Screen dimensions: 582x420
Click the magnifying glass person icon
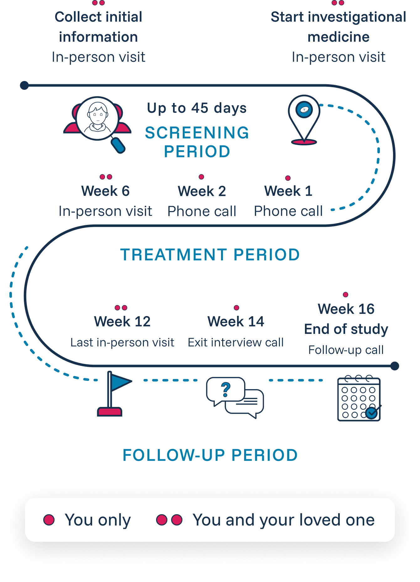click(98, 122)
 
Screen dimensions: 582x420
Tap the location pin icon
click(304, 119)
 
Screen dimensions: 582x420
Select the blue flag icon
click(113, 393)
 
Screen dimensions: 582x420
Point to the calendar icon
click(359, 398)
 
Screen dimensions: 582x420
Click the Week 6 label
click(105, 191)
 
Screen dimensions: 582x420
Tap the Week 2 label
click(202, 191)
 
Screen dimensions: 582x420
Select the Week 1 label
click(288, 191)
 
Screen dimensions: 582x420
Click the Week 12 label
click(122, 322)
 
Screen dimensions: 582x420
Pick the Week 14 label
click(236, 322)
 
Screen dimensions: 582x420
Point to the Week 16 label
click(346, 309)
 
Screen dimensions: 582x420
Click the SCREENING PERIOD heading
click(197, 142)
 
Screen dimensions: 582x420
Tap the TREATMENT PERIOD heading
click(210, 255)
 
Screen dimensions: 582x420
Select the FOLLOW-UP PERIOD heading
click(210, 455)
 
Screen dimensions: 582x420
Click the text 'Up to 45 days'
click(197, 108)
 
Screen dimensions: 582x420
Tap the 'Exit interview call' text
click(236, 342)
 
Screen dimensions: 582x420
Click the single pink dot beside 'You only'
click(49, 520)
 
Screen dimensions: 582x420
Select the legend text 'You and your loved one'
click(284, 520)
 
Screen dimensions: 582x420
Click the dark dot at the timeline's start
click(24, 85)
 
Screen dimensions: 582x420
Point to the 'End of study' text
click(346, 329)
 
